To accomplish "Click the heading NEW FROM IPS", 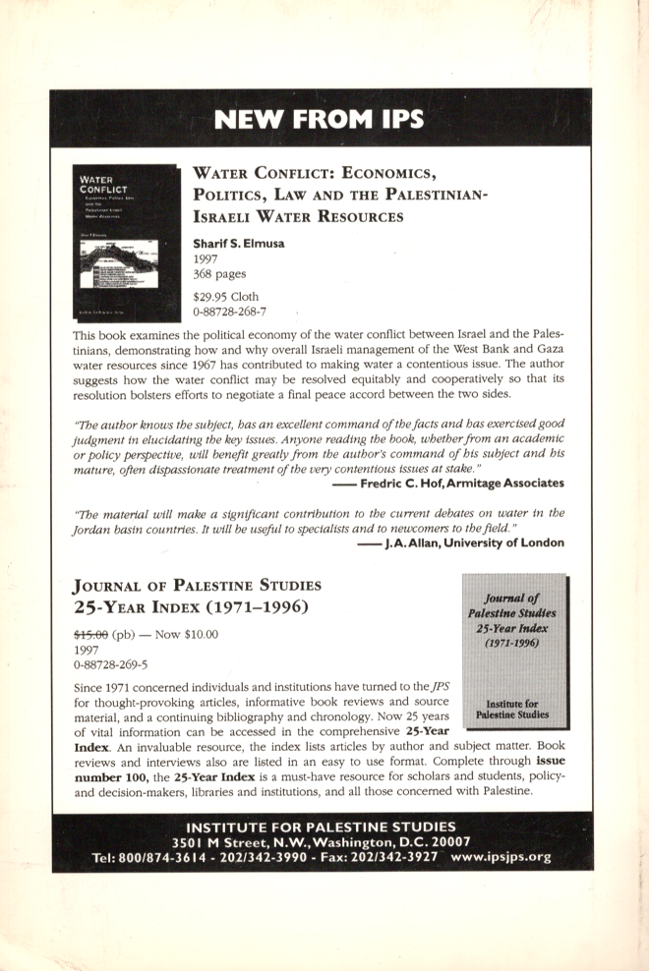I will point(319,120).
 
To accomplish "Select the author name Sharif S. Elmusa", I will point(239,243).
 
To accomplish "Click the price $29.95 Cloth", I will point(226,296).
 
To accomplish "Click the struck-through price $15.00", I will point(90,634).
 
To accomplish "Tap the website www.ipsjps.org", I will point(500,856).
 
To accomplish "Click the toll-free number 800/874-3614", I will point(162,856).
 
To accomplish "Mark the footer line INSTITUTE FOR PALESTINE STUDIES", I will point(322,826).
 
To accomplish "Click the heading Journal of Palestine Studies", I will point(197,586).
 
